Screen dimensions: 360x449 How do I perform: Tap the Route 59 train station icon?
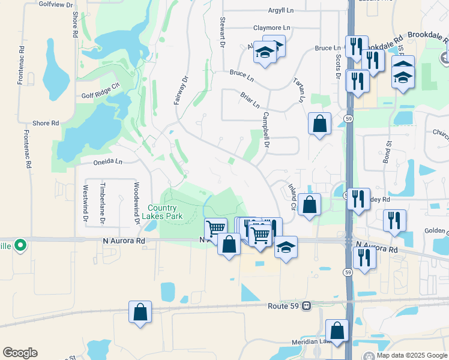[307, 305]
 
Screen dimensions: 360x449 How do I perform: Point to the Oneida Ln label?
[107, 161]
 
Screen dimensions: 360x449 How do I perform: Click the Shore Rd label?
[46, 123]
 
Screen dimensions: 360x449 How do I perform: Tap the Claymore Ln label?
[271, 28]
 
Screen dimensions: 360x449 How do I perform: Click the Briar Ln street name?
[250, 100]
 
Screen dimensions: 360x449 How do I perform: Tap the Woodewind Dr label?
[137, 203]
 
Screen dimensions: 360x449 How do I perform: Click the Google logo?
[20, 353]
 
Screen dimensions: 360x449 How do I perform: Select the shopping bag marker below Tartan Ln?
[320, 124]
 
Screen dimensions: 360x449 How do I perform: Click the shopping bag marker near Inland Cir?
[309, 205]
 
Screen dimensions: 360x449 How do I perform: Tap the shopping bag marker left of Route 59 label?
[140, 312]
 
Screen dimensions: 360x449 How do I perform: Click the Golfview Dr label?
[55, 4]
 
